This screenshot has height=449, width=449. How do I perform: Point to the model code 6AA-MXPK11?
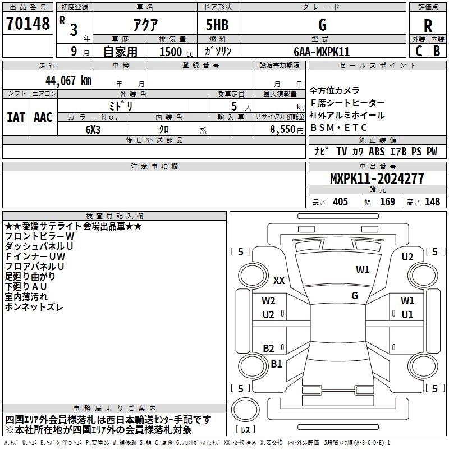(x=322, y=51)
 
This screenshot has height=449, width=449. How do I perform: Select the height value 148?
(x=432, y=201)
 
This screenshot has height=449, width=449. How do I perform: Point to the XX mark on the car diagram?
(x=279, y=280)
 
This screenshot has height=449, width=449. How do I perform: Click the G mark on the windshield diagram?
(x=355, y=295)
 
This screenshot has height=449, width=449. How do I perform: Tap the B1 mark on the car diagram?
(x=276, y=364)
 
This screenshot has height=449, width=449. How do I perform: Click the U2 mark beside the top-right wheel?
(x=407, y=257)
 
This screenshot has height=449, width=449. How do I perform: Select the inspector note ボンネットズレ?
(x=34, y=307)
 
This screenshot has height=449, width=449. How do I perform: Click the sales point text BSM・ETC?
(x=339, y=128)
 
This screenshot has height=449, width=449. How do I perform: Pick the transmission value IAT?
(x=16, y=117)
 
